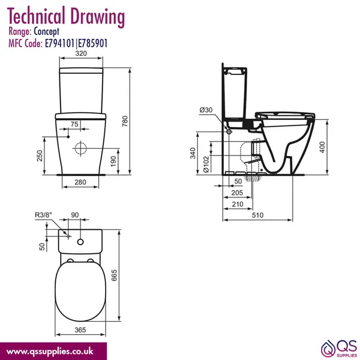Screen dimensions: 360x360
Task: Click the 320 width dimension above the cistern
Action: coord(81,53)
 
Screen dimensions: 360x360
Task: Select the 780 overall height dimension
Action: coord(125,121)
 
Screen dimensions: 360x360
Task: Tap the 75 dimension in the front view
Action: coord(74,124)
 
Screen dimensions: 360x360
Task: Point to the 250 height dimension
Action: coord(40,155)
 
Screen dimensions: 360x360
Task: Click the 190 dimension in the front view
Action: coord(113,161)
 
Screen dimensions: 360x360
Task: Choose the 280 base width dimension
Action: coord(80,182)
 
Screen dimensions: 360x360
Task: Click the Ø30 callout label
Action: coord(206,110)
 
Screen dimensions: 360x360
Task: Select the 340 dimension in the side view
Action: coord(193,153)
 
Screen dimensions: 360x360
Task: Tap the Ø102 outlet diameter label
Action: coord(206,164)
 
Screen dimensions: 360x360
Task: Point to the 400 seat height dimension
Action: coord(322,147)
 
